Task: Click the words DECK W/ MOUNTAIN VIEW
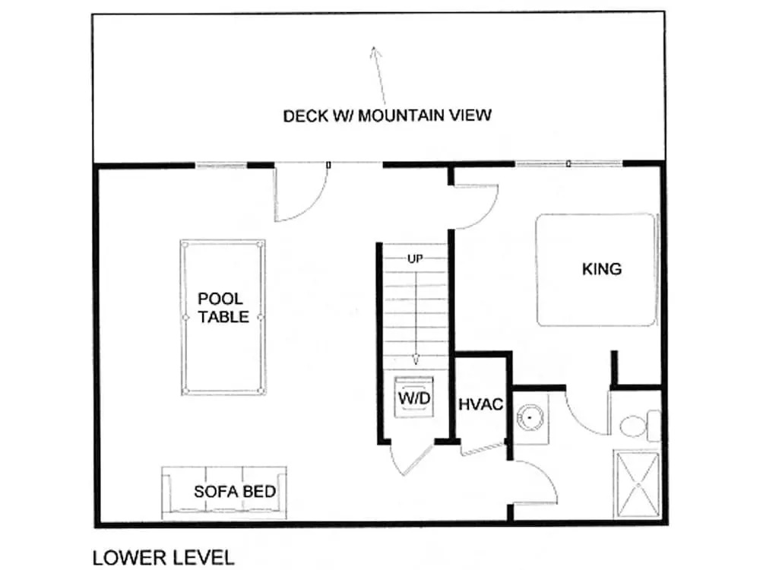tap(388, 116)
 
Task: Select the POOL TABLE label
tap(223, 308)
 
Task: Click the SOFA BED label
tap(235, 492)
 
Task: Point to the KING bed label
tap(602, 269)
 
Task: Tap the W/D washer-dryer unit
tap(414, 397)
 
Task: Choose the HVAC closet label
tap(481, 404)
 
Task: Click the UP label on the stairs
tap(415, 259)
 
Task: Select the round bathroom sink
tap(530, 416)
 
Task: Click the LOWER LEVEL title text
tap(163, 558)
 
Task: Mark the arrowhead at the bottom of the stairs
tap(416, 359)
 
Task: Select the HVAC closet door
tap(483, 449)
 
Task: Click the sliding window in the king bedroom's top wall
tap(568, 164)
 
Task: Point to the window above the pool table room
tap(221, 165)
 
